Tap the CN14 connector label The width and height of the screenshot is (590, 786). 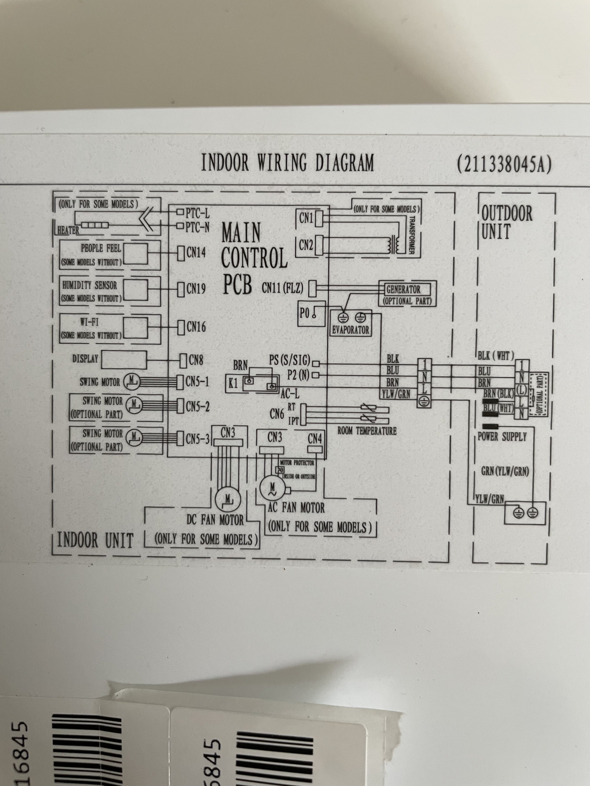point(196,253)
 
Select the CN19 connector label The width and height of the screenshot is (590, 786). point(196,289)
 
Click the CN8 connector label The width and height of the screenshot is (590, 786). point(196,360)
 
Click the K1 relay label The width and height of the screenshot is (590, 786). point(233,383)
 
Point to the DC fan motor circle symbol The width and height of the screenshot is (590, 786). point(228,499)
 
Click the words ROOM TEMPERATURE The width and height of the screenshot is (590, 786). point(367,431)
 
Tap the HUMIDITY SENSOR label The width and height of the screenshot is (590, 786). point(90,285)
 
